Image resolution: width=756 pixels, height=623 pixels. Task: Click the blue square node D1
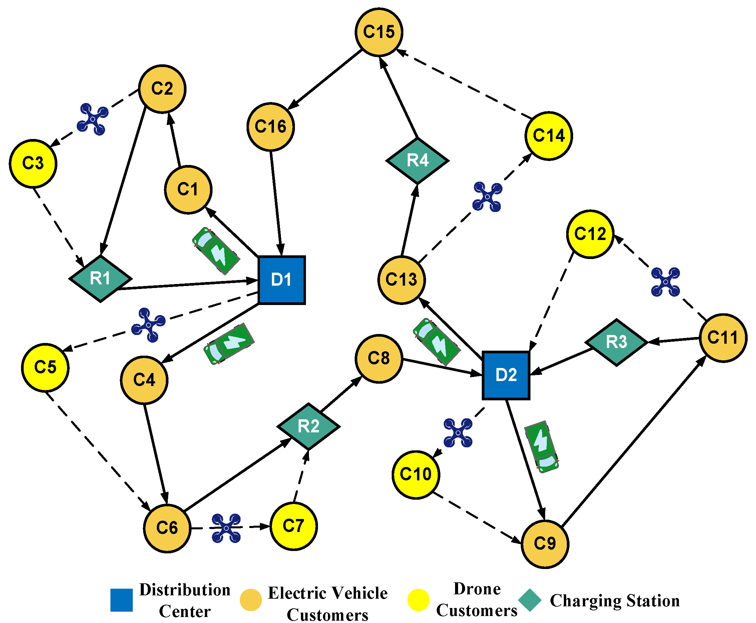pyautogui.click(x=281, y=280)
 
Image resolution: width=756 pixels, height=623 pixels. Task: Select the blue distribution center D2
pyautogui.click(x=505, y=375)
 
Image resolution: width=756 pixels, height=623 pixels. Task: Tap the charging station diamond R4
pyautogui.click(x=417, y=160)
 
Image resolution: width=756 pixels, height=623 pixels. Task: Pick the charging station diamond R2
pyautogui.click(x=308, y=426)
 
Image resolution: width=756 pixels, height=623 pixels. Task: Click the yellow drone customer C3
pyautogui.click(x=33, y=163)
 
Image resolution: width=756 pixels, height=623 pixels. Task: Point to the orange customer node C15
pyautogui.click(x=379, y=32)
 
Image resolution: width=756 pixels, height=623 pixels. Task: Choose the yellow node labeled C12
pyautogui.click(x=590, y=234)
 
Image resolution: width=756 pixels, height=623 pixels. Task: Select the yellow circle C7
pyautogui.click(x=293, y=526)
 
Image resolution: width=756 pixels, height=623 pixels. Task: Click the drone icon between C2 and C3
pyautogui.click(x=93, y=119)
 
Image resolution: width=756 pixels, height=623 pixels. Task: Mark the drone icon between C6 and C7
pyautogui.click(x=226, y=528)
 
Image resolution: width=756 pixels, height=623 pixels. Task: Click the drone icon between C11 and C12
pyautogui.click(x=665, y=282)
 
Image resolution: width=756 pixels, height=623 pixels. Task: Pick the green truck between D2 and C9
pyautogui.click(x=541, y=447)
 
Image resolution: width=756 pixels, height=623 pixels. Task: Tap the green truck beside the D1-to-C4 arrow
pyautogui.click(x=229, y=344)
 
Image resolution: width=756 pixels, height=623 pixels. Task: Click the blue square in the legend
pyautogui.click(x=121, y=600)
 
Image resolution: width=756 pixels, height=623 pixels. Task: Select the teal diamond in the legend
pyautogui.click(x=530, y=600)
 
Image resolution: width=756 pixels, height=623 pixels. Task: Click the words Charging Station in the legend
pyautogui.click(x=615, y=600)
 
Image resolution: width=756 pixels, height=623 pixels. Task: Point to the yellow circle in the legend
pyautogui.click(x=418, y=600)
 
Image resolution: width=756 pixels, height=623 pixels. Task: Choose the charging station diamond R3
pyautogui.click(x=616, y=342)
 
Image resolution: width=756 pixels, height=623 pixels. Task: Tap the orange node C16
pyautogui.click(x=271, y=127)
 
